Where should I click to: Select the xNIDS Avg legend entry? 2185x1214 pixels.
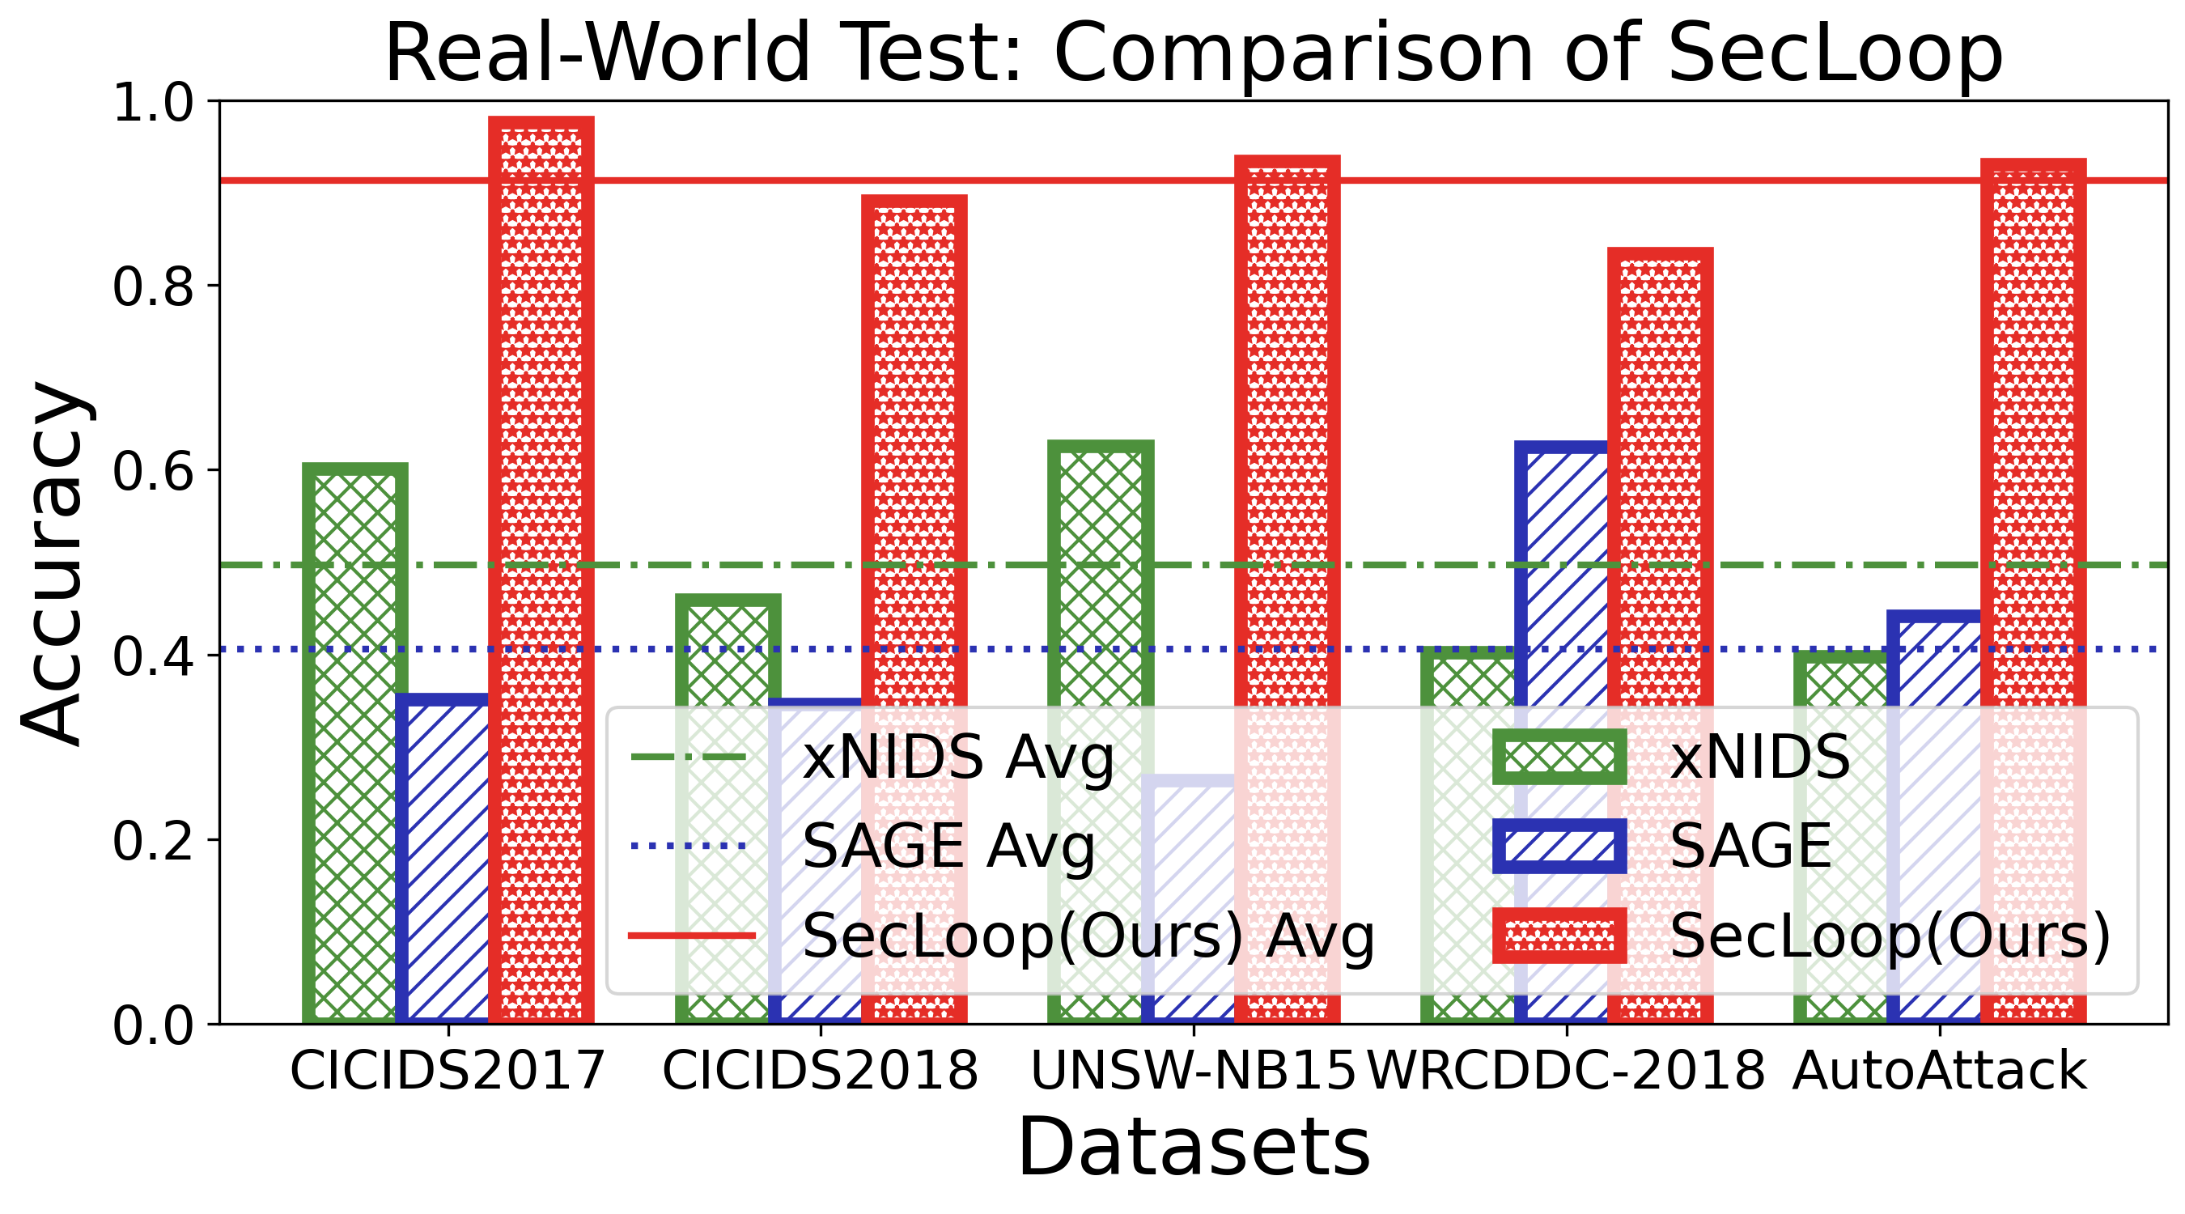pyautogui.click(x=874, y=757)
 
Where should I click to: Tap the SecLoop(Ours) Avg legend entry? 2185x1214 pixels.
pyautogui.click(x=1001, y=936)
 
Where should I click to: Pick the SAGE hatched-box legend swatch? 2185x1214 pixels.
pyautogui.click(x=1559, y=846)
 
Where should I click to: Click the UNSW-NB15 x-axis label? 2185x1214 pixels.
pyautogui.click(x=1193, y=1071)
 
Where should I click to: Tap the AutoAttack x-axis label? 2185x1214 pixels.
pyautogui.click(x=1940, y=1071)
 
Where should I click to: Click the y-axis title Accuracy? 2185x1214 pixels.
pyautogui.click(x=56, y=564)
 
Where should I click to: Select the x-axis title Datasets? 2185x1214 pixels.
pyautogui.click(x=1194, y=1147)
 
